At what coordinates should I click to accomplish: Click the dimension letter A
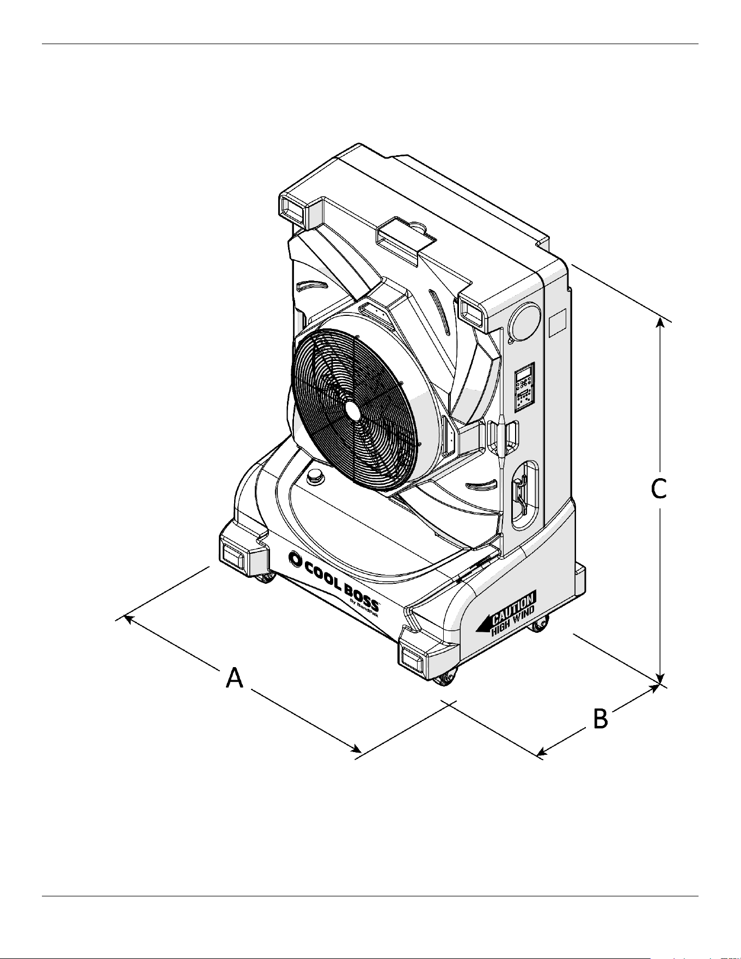(x=235, y=679)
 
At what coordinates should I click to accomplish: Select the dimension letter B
(x=600, y=719)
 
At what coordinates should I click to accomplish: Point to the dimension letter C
(x=659, y=488)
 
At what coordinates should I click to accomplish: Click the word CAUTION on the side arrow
(x=513, y=607)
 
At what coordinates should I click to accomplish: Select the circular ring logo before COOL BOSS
(x=295, y=559)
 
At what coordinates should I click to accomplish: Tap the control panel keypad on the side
(x=524, y=387)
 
